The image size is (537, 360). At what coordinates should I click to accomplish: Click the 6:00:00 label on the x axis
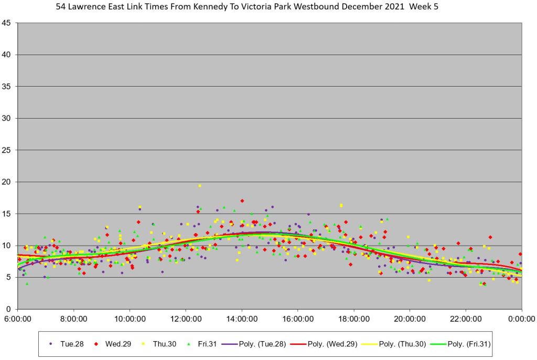point(18,318)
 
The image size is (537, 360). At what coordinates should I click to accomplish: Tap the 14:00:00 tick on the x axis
point(242,318)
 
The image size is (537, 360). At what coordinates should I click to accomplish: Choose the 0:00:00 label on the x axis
point(522,318)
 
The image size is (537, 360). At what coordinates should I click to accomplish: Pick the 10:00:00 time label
point(130,318)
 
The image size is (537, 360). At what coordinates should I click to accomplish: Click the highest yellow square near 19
point(200,186)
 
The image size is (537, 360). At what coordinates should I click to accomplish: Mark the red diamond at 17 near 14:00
point(242,200)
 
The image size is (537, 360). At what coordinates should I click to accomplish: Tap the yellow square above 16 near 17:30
point(341,205)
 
